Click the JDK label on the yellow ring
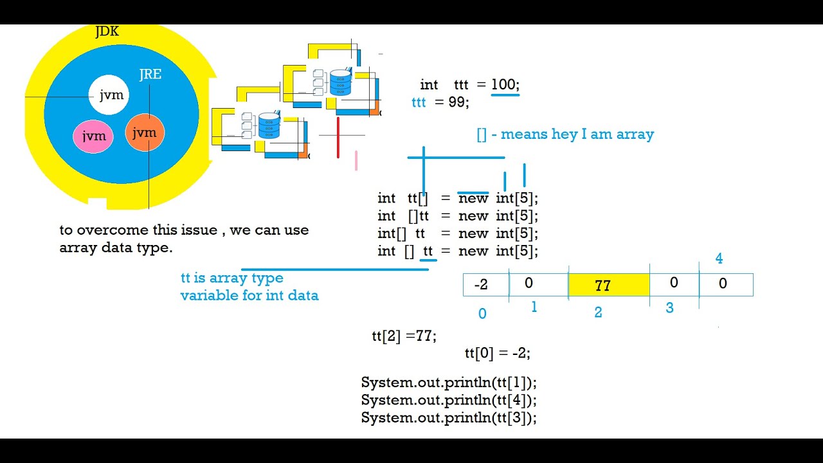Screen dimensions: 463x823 pos(107,32)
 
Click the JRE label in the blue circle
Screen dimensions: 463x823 pos(150,75)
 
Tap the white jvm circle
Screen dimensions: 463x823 pos(110,95)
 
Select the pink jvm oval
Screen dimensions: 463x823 pos(94,136)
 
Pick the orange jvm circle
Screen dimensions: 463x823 pos(145,132)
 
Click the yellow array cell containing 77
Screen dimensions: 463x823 pos(608,285)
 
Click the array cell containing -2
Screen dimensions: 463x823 pos(485,284)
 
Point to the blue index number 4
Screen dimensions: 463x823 pos(719,259)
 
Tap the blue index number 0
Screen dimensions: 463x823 pos(482,314)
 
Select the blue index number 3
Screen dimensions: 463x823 pos(669,308)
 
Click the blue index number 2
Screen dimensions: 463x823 pos(598,313)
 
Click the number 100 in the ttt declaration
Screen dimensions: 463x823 pos(505,84)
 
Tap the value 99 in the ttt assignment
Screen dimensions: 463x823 pos(458,102)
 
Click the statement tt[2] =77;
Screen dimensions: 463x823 pos(404,336)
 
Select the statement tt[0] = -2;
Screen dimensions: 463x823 pos(497,353)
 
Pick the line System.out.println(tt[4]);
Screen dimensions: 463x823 pos(449,400)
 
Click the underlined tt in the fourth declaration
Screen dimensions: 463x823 pos(428,251)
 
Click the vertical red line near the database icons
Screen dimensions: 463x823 pos(338,137)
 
